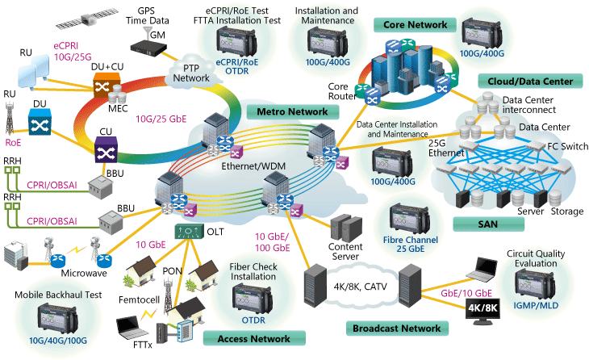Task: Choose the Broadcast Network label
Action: coord(396,329)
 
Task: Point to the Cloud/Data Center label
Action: coord(530,82)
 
